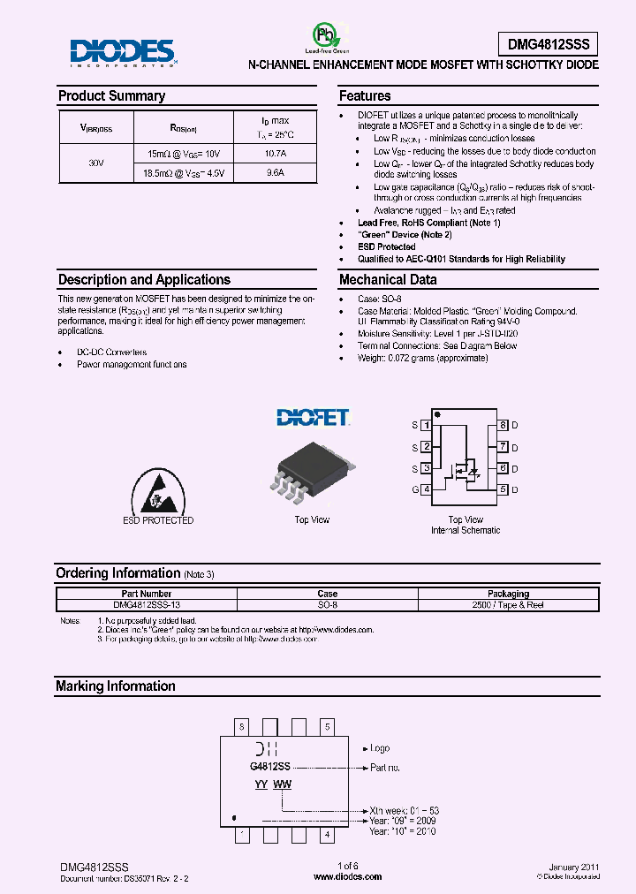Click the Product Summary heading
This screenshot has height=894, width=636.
111,95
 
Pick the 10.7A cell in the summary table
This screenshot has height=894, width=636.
276,154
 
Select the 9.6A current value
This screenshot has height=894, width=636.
276,173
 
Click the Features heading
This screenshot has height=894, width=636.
365,95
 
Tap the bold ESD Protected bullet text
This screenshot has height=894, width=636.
386,246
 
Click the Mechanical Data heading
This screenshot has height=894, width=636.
388,279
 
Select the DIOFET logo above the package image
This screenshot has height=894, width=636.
312,417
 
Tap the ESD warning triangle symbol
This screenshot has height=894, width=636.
157,491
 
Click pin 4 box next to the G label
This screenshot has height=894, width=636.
427,489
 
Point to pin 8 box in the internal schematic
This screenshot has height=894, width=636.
503,425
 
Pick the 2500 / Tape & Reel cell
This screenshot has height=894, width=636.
508,605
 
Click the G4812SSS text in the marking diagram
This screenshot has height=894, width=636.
270,768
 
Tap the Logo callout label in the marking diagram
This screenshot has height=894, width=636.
380,748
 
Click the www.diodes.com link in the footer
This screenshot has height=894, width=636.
348,876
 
